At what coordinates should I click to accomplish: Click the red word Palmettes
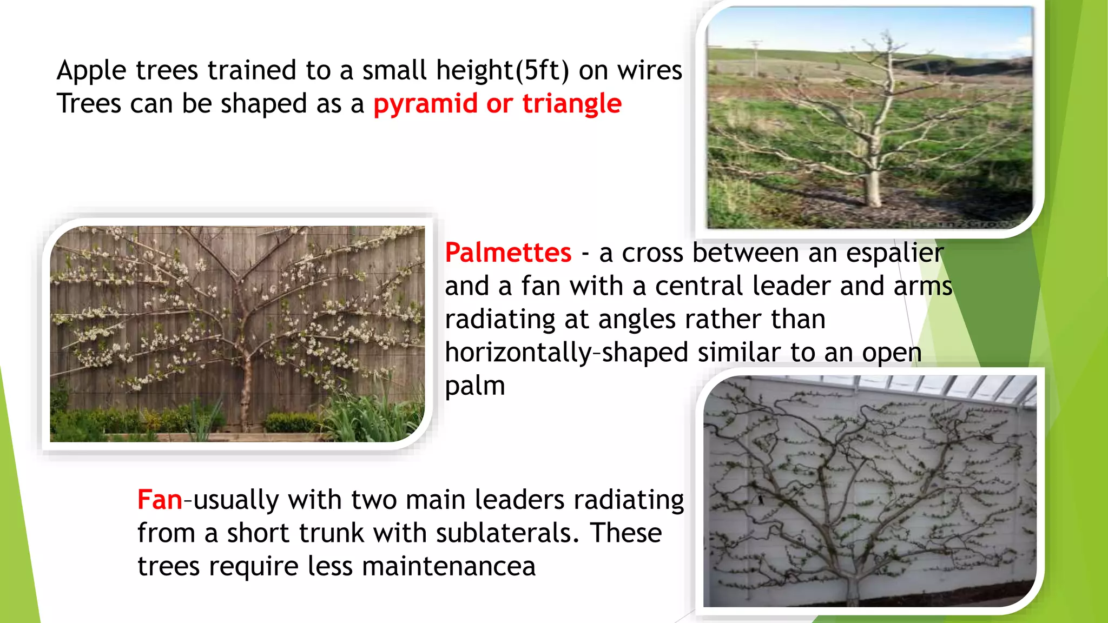tap(507, 253)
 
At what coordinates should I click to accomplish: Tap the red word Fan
tap(160, 500)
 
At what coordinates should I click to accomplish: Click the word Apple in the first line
tap(91, 70)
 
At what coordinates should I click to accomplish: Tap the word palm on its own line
tap(474, 386)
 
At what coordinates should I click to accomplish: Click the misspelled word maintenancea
tap(449, 566)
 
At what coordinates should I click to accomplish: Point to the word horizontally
tap(518, 353)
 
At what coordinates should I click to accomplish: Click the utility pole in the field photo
tap(756, 57)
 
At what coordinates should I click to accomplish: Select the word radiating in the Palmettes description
tap(499, 319)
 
